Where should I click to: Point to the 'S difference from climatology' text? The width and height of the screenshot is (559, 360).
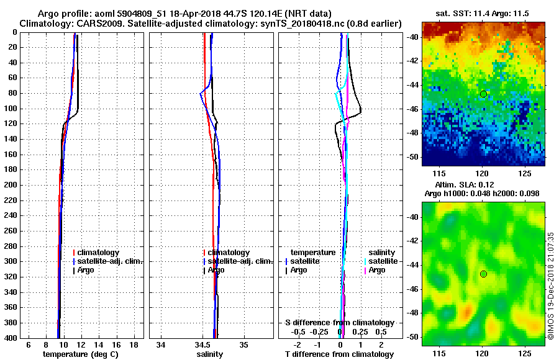pos(340,323)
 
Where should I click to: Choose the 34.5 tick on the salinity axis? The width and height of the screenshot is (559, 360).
pos(202,344)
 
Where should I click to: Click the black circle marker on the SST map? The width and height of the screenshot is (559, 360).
pos(483,94)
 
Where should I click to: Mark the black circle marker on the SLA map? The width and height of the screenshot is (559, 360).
pos(483,274)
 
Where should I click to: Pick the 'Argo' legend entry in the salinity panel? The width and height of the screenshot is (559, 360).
pos(216,270)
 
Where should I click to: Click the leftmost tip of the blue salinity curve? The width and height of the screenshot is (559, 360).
pos(200,94)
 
